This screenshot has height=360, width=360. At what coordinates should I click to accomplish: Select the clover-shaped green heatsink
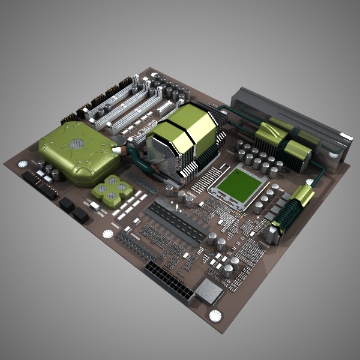[x=112, y=191]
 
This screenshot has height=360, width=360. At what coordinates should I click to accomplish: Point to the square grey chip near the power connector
[x=208, y=291]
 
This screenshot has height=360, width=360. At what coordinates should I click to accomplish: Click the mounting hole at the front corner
[x=214, y=316]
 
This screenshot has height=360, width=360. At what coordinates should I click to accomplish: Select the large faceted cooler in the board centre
[x=182, y=139]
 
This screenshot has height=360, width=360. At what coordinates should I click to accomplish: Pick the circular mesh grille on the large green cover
[x=76, y=144]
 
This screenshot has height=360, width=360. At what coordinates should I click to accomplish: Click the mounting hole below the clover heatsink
[x=107, y=233]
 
